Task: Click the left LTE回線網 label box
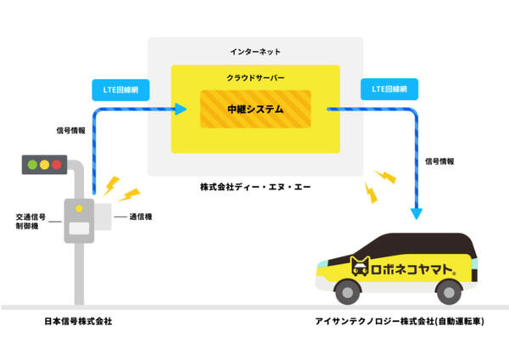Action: coord(115,87)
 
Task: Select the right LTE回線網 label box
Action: coord(384,87)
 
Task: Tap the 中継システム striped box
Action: coord(255,110)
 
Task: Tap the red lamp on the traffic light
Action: coord(58,164)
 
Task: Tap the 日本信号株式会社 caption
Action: coord(78,322)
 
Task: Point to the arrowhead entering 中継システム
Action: coord(181,109)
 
